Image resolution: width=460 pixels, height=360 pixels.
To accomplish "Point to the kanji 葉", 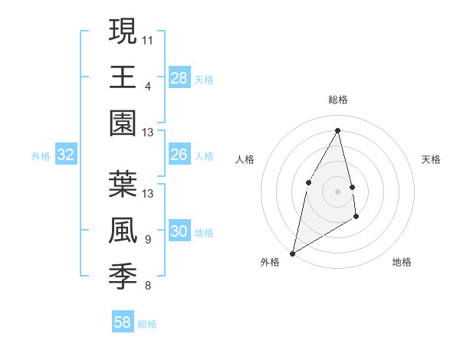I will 123,183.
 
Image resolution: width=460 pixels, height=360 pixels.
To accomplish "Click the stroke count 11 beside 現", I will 148,39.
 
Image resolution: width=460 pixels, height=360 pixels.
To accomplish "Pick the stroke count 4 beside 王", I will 147,86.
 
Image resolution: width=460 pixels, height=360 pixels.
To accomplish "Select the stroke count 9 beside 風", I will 147,240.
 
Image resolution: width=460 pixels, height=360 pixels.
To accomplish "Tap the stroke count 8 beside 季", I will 147,286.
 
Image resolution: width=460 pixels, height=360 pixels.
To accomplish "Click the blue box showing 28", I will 179,78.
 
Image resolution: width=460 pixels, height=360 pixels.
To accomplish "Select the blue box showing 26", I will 179,155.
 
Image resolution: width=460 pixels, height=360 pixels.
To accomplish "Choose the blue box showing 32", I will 66,155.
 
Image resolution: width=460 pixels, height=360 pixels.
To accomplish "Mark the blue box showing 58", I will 123,322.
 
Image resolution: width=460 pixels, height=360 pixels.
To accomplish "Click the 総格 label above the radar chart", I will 338,100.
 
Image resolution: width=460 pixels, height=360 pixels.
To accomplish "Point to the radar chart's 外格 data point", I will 292,253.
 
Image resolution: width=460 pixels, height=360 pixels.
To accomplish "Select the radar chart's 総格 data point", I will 338,129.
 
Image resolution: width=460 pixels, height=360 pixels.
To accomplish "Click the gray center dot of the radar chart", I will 338,191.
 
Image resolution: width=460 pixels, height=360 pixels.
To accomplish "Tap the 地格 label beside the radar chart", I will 402,262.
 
